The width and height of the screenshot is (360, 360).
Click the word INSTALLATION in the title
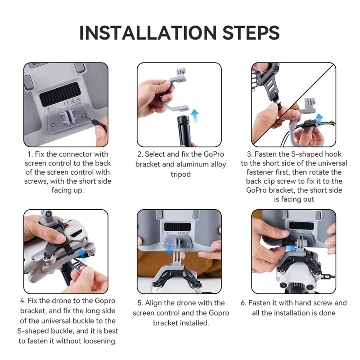(x=148, y=32)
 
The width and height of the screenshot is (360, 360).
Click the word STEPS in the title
(x=251, y=32)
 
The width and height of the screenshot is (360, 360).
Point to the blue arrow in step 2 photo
(x=195, y=116)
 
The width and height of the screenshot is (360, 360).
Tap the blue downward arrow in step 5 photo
(x=170, y=249)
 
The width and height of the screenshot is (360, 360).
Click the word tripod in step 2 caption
(x=180, y=175)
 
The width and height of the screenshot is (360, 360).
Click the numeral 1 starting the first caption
(x=29, y=154)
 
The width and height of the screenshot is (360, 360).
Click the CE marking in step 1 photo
(x=67, y=103)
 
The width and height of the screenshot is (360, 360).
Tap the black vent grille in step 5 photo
(x=177, y=227)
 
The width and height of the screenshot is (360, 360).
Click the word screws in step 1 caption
(x=36, y=181)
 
